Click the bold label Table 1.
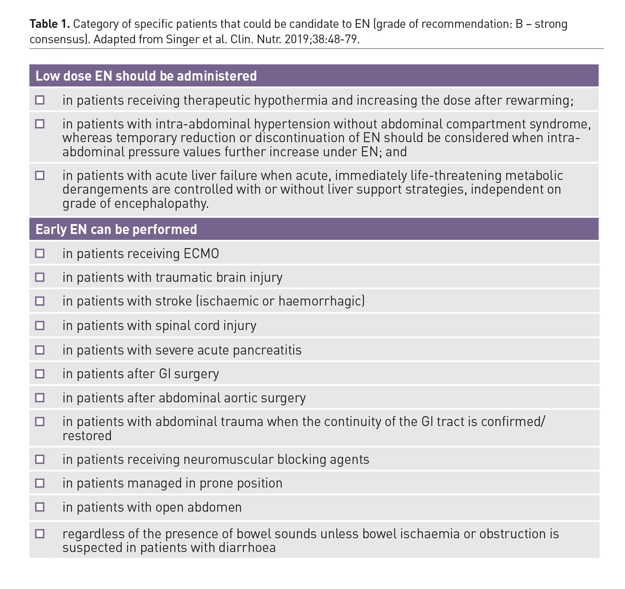tap(49, 24)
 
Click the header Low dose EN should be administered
tap(146, 76)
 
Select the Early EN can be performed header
tap(116, 229)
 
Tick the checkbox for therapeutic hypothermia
tap(40, 100)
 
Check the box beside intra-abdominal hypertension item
tap(40, 124)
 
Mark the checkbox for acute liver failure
tap(40, 175)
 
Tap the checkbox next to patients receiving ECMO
tap(40, 254)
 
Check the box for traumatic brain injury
tap(40, 277)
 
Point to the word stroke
tap(174, 301)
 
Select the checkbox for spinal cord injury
tap(40, 325)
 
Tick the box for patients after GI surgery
tap(40, 374)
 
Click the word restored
tap(87, 436)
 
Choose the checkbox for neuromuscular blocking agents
tap(40, 459)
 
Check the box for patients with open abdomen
tap(40, 507)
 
